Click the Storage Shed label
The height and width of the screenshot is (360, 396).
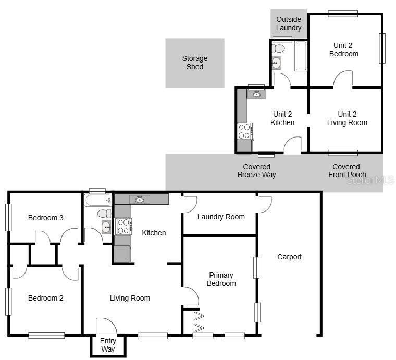195,63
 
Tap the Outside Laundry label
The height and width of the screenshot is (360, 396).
289,23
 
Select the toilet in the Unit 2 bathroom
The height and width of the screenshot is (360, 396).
279,48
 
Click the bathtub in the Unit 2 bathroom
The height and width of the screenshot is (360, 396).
301,56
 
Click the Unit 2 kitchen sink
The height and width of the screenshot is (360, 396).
256,94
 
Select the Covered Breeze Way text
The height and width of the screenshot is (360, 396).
256,171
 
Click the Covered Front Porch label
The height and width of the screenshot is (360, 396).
347,171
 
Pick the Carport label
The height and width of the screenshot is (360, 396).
289,257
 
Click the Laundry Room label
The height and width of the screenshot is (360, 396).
221,217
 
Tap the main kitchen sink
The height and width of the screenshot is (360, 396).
140,199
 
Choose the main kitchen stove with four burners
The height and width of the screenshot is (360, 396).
122,227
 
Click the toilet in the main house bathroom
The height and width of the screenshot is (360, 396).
104,214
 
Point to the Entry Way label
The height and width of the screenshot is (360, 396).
108,345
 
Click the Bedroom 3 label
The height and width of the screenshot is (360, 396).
46,218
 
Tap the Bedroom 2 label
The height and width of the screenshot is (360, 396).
46,298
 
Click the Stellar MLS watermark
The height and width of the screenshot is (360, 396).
370,180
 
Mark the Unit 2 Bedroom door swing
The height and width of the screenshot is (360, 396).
343,79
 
